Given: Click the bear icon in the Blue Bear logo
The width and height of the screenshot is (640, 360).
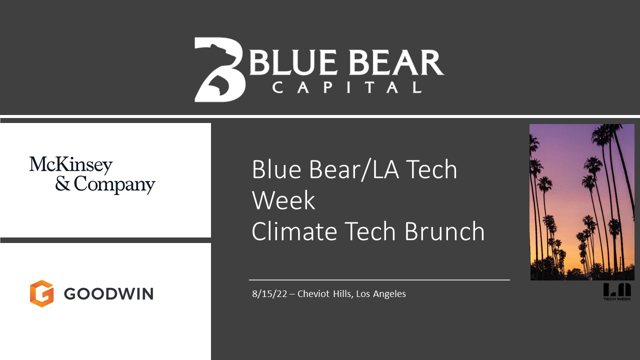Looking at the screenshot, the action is (219, 69).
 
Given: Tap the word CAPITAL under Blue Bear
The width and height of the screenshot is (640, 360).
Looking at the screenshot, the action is (347, 87).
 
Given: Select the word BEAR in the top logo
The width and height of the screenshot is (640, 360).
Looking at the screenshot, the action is (397, 62).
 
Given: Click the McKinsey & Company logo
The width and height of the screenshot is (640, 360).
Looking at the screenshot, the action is (92, 175).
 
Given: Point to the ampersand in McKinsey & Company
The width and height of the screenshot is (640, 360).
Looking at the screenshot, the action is (62, 183).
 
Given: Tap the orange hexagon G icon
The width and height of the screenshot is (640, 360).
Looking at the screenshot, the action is (41, 293).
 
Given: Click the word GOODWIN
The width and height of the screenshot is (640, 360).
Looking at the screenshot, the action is (108, 293).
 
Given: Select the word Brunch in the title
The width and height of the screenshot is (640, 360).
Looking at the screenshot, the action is (444, 231).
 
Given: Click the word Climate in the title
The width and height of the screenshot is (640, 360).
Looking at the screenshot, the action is (294, 231).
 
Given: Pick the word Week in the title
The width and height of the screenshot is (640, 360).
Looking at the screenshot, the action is (283, 200).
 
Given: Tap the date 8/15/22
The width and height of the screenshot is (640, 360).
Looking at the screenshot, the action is (269, 294).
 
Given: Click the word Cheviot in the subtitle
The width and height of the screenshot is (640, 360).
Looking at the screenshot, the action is (313, 293).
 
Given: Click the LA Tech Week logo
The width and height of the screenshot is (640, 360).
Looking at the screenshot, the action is (617, 291).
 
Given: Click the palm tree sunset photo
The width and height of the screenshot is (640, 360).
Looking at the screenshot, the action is (582, 202).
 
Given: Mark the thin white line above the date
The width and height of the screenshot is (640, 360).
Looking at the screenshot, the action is (379, 280).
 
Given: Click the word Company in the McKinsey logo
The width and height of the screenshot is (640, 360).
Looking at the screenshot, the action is (114, 184).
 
